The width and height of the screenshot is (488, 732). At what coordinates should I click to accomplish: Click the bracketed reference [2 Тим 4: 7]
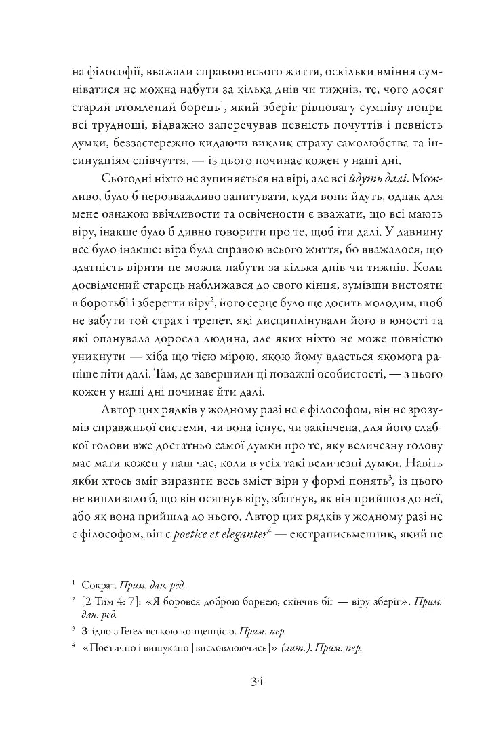(x=106, y=601)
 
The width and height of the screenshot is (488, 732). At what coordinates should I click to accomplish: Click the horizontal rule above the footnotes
(x=113, y=573)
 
